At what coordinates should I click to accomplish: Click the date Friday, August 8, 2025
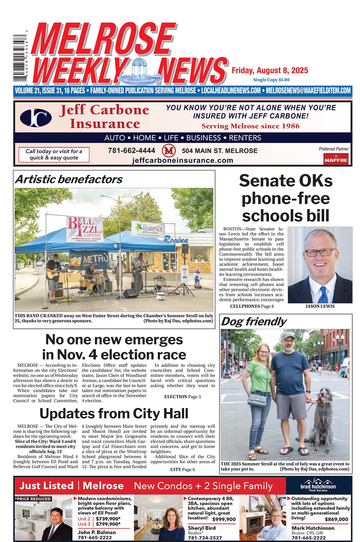[x=270, y=71]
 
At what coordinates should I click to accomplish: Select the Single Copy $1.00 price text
[x=271, y=80]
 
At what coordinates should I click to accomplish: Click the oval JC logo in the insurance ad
[x=36, y=117]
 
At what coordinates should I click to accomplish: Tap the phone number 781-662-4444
[x=131, y=151]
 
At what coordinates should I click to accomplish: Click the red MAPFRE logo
[x=336, y=159]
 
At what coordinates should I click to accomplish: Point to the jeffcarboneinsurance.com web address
[x=183, y=161]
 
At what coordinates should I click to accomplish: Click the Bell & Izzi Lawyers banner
[x=85, y=229]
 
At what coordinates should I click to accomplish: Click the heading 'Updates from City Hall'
[x=114, y=413]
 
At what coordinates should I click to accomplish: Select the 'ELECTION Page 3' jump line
[x=182, y=397]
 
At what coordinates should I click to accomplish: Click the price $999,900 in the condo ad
[x=224, y=519]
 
